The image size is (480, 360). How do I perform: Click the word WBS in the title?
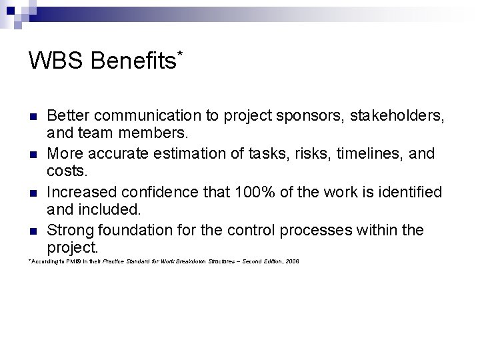pos(55,61)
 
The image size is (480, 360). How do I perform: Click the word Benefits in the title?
pos(133,61)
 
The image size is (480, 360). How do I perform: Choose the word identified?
pos(409,193)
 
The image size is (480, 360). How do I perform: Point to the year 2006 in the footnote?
pos(291,261)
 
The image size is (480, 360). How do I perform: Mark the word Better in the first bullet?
pos(69,115)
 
